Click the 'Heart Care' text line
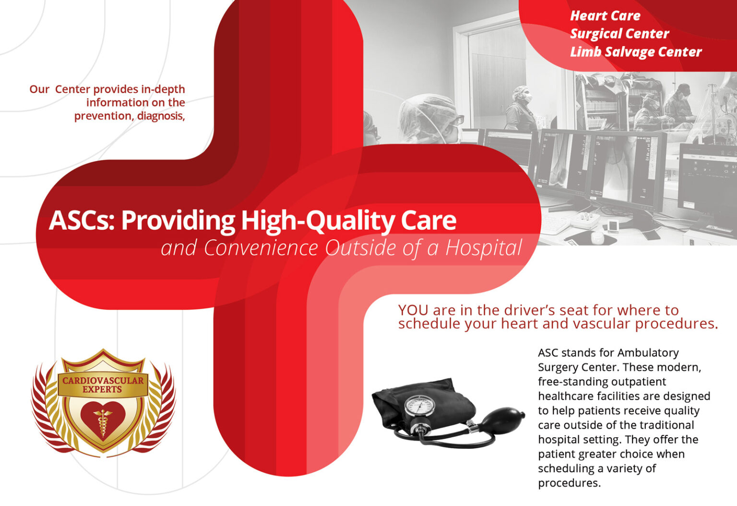(605, 16)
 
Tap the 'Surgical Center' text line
(619, 34)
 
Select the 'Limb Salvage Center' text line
(636, 52)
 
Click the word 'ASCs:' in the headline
(82, 221)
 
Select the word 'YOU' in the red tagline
(414, 310)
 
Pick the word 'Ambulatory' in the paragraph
(648, 353)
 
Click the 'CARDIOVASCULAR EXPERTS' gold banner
(103, 385)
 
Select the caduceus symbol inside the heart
(103, 421)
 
